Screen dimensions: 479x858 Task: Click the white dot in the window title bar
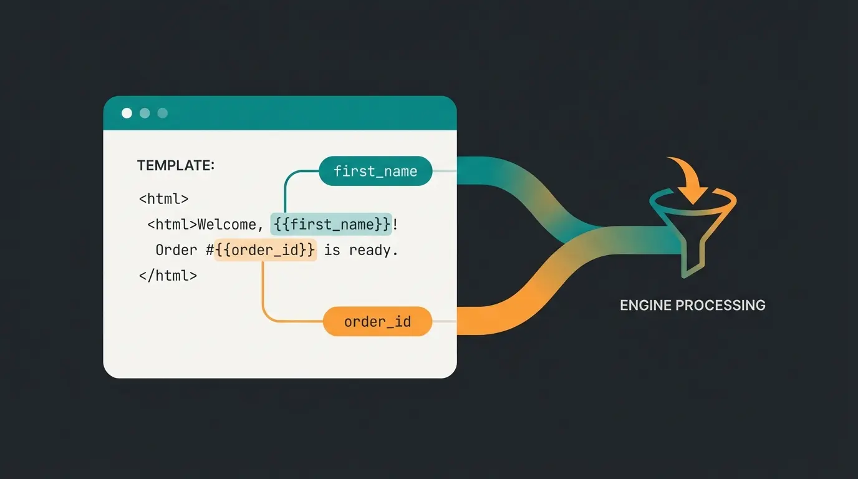(x=127, y=113)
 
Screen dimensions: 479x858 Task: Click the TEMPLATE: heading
(x=175, y=165)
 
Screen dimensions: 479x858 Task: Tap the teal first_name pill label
(x=375, y=171)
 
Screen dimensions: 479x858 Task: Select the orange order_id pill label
(x=377, y=322)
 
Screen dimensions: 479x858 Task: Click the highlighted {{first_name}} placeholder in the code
(x=331, y=224)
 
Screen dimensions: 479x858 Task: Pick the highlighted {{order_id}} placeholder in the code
(x=265, y=250)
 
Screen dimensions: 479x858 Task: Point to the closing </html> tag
(x=168, y=275)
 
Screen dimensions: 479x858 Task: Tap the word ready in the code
(x=373, y=250)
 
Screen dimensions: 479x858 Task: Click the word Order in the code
(x=176, y=250)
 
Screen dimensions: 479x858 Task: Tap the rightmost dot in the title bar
(x=163, y=113)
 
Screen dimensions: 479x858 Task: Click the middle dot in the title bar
(x=145, y=113)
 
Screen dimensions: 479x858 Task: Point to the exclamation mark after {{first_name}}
(x=395, y=224)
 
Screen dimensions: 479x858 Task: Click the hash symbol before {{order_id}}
(x=210, y=250)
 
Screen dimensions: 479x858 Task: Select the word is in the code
(x=332, y=250)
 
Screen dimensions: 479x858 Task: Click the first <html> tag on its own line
(x=163, y=199)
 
